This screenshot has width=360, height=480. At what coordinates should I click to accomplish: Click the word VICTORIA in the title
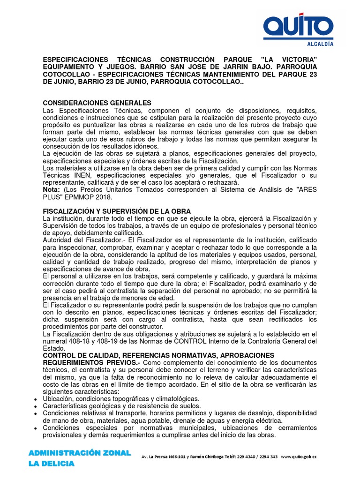click(295, 60)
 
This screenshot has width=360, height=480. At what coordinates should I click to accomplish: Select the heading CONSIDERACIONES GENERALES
click(97, 103)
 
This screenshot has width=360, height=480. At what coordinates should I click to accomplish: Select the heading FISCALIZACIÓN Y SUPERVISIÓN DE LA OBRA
click(117, 211)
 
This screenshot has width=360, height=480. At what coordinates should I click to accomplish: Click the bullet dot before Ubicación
click(36, 399)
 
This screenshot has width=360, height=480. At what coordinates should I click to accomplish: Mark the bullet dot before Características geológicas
click(36, 406)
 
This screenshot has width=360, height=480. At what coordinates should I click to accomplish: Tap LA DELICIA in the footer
click(52, 464)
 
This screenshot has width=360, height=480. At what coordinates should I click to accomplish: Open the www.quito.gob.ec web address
click(299, 457)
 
